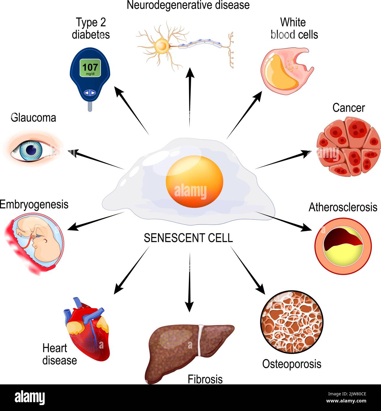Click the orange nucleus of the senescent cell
click(x=194, y=181)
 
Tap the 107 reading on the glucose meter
click(x=90, y=67)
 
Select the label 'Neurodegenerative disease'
click(x=188, y=5)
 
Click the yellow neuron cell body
click(x=162, y=46)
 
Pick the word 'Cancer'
click(x=348, y=108)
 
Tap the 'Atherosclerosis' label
click(x=343, y=207)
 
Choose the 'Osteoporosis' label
click(x=292, y=364)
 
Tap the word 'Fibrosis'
click(x=205, y=379)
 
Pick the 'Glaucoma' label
click(x=33, y=118)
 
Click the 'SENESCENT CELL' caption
click(x=188, y=238)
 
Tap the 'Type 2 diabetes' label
click(x=91, y=28)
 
